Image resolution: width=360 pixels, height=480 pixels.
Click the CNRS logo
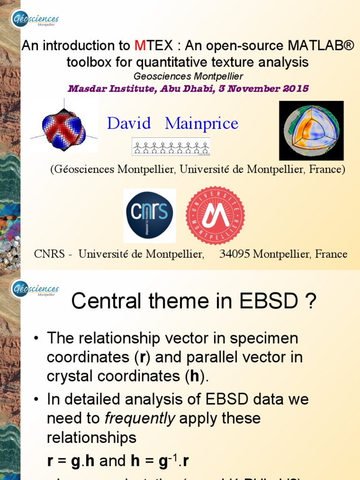150,216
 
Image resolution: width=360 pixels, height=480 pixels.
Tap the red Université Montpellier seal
215,216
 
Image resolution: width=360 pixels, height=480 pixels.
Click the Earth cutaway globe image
311,131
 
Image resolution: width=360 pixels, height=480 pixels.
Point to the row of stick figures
171,147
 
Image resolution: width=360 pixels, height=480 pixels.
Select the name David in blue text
129,124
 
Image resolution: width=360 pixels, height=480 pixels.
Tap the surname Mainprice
202,124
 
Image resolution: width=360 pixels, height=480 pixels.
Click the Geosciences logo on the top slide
35,20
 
